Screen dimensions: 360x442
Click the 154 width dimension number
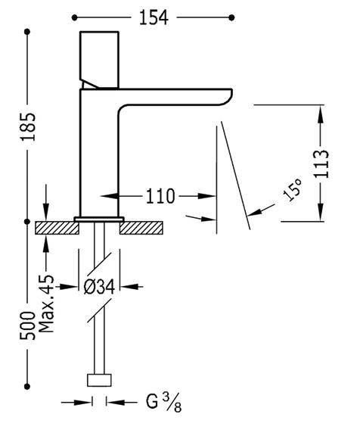(x=154, y=17)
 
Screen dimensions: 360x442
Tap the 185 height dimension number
(x=28, y=127)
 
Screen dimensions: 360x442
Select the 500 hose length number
(x=27, y=325)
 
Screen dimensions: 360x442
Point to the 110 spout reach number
(x=160, y=196)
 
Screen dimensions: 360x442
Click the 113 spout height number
(x=321, y=163)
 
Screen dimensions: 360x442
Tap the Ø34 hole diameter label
(x=99, y=287)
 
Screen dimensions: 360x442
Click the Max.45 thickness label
(x=45, y=303)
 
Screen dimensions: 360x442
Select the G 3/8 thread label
(x=163, y=403)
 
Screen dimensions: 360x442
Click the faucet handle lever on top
(x=99, y=60)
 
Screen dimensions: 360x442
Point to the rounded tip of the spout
(x=228, y=97)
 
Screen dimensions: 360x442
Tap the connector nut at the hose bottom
(x=99, y=380)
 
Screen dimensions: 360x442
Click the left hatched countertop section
(x=57, y=228)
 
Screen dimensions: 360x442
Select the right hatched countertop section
(x=141, y=228)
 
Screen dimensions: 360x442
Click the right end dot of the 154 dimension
(x=231, y=17)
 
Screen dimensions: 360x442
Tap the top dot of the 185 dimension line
(x=27, y=32)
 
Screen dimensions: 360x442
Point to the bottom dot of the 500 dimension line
(x=27, y=387)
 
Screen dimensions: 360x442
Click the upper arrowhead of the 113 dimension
(x=321, y=114)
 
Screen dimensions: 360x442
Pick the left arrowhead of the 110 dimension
(x=110, y=196)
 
